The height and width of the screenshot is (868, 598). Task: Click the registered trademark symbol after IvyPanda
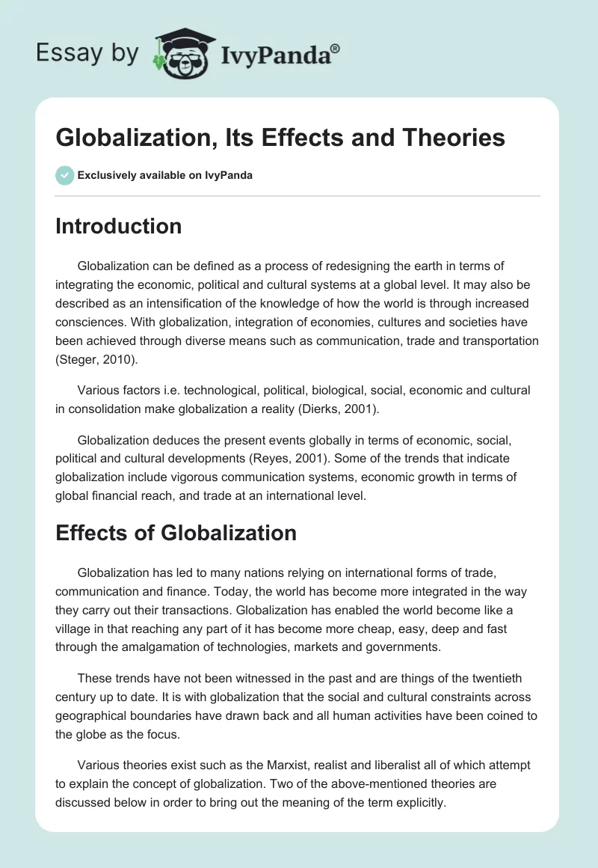point(336,48)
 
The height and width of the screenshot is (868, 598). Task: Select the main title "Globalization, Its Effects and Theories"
point(280,138)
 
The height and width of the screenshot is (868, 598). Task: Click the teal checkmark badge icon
point(64,175)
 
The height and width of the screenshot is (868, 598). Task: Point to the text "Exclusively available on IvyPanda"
point(166,175)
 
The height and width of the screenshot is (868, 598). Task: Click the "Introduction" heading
point(118,226)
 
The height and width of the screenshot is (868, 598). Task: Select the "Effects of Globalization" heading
point(176,533)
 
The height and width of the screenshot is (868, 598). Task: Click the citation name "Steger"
point(78,358)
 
